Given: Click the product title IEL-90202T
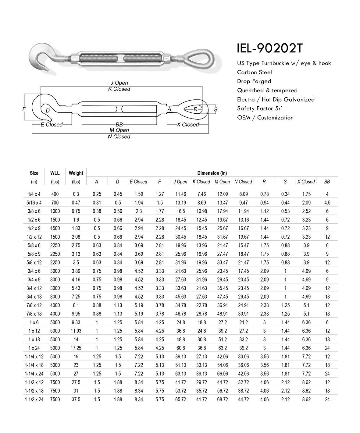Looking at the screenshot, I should [x=270, y=48].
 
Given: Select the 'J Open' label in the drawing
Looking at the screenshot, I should [x=119, y=83].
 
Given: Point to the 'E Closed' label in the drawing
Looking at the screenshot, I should [x=52, y=125].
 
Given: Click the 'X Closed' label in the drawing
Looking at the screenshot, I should [x=187, y=125].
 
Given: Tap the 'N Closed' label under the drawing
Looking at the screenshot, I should [x=119, y=137].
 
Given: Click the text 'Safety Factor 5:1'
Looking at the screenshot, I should [x=260, y=108].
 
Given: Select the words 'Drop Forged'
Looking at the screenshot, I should [x=254, y=81].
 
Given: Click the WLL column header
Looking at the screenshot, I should [x=55, y=173].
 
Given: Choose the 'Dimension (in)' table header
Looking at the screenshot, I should [x=212, y=173].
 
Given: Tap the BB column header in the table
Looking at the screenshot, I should [x=327, y=182].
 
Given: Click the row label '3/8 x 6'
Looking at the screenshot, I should [x=34, y=211].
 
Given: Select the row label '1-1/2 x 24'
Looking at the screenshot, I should [x=34, y=399].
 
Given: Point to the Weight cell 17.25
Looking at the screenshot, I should [x=76, y=348].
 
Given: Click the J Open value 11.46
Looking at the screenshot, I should [x=180, y=194].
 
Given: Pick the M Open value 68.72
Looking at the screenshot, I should [x=222, y=399].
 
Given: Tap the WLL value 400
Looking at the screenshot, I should [x=55, y=194].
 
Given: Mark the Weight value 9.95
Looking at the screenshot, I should [x=76, y=314].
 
